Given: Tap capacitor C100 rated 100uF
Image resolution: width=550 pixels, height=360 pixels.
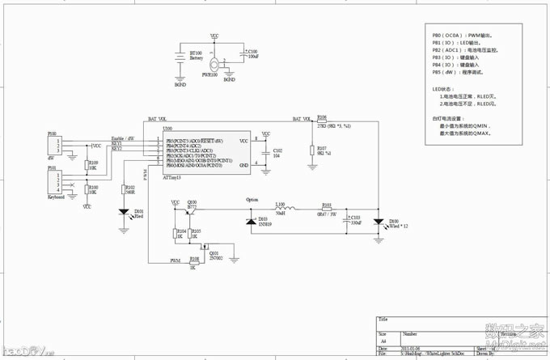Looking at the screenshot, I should (x=245, y=57).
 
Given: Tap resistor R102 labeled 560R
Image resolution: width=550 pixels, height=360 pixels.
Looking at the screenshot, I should (x=125, y=191).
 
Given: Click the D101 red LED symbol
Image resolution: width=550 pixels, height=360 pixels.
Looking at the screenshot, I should (x=124, y=214).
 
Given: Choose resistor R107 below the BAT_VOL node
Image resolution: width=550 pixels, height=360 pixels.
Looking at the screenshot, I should (x=312, y=150).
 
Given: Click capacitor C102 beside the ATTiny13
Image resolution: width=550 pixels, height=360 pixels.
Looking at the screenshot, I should (x=268, y=153).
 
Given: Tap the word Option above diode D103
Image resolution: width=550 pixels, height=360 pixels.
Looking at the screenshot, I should (x=252, y=199).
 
